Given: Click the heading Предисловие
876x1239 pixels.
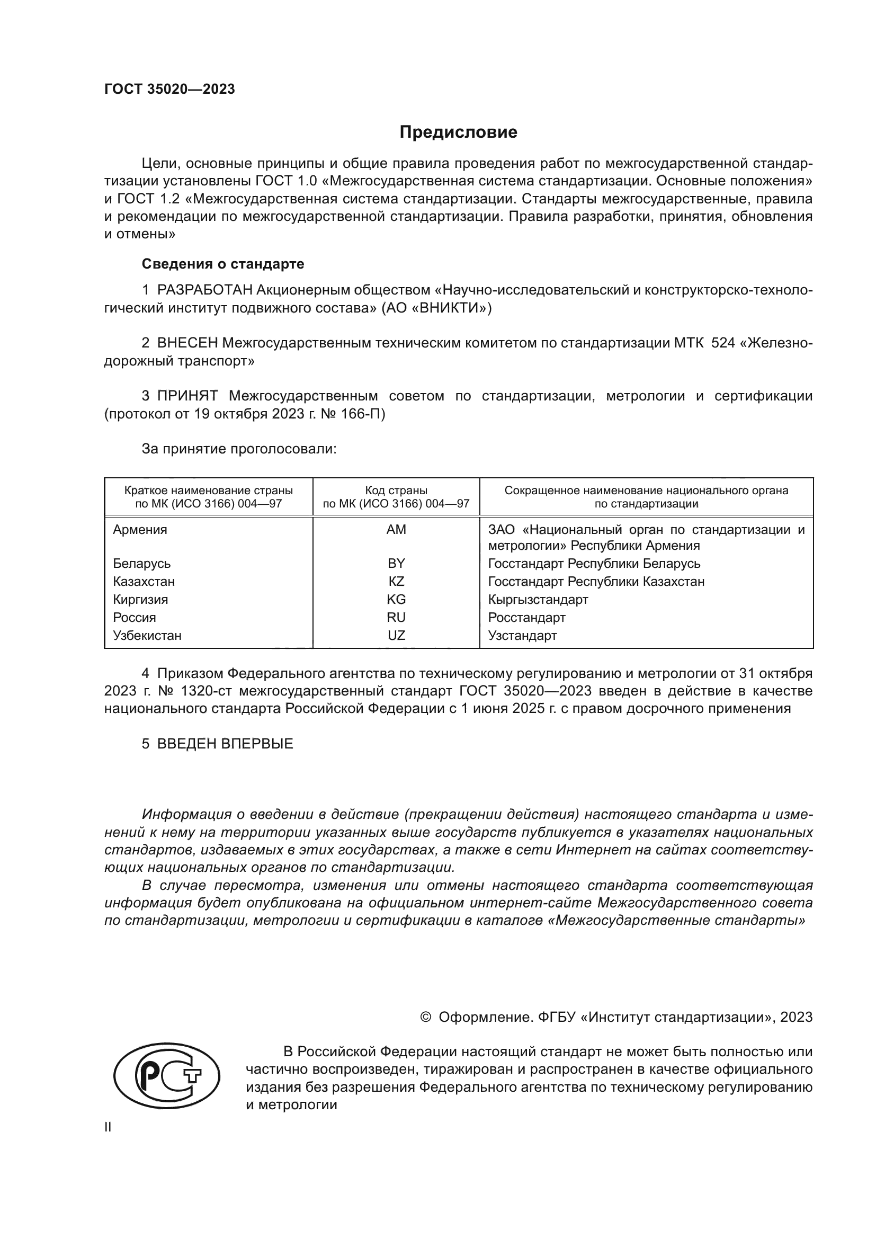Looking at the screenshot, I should tap(458, 132).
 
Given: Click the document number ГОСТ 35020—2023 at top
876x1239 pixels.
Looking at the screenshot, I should tap(169, 90).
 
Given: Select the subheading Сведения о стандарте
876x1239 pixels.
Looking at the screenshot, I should tap(222, 264).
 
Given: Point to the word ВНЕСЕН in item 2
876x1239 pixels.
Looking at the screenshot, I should tap(187, 343).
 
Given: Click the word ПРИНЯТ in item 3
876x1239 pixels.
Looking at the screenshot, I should tap(187, 396).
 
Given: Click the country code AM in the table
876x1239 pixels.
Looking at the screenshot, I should tap(396, 530).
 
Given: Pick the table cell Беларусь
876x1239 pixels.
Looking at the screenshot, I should tap(142, 564).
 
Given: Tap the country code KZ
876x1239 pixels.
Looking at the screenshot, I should tap(396, 582).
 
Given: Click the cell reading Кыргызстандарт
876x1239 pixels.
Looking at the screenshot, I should tap(538, 600).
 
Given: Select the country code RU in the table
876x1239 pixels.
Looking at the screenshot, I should tap(396, 617).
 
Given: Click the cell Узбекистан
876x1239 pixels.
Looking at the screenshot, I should tap(147, 636).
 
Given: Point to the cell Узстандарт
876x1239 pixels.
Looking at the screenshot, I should tap(522, 636).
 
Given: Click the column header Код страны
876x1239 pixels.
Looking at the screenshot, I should tap(396, 491).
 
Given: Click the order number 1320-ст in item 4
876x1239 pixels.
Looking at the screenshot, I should tap(204, 691).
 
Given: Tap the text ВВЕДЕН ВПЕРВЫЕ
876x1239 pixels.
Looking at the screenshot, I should tap(225, 744).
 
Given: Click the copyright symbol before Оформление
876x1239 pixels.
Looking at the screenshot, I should tap(425, 1017).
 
